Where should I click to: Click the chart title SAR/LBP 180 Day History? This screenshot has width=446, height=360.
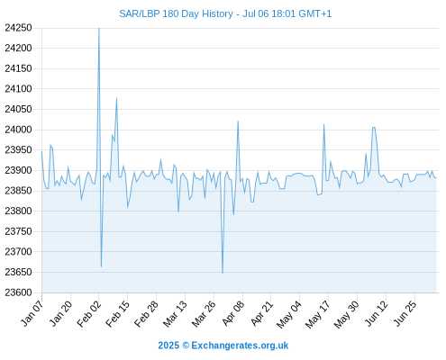coord(176,13)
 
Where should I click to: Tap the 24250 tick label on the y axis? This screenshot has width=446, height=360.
coord(18,28)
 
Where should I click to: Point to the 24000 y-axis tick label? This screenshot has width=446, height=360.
coord(18,130)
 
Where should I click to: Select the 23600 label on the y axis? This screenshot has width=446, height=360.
coord(18,292)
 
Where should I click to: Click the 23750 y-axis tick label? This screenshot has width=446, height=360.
coord(18,231)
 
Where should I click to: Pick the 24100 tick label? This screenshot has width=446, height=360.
coord(18,89)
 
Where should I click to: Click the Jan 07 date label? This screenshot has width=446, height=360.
coord(32,313)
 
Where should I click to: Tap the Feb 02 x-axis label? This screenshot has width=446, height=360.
coord(89,313)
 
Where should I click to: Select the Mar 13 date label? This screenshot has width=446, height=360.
coord(175,313)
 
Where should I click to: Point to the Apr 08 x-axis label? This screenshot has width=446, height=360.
coord(233,313)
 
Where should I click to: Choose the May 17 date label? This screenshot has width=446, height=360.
coord(318,314)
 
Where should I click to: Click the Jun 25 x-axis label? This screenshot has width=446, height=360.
coord(405,313)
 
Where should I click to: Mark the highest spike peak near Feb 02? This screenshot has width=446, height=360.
coord(99,28)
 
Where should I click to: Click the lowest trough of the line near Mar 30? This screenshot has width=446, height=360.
coord(223,273)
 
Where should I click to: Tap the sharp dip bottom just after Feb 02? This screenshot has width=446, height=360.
coord(101,266)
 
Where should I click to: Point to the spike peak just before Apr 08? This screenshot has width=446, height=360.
coord(238,121)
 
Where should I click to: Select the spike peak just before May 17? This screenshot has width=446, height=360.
coord(323,124)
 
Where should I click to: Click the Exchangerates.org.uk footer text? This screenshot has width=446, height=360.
coord(240,346)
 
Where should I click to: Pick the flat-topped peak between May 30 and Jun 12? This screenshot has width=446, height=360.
coord(374,128)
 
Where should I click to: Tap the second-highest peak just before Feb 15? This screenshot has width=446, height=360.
coord(116,98)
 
